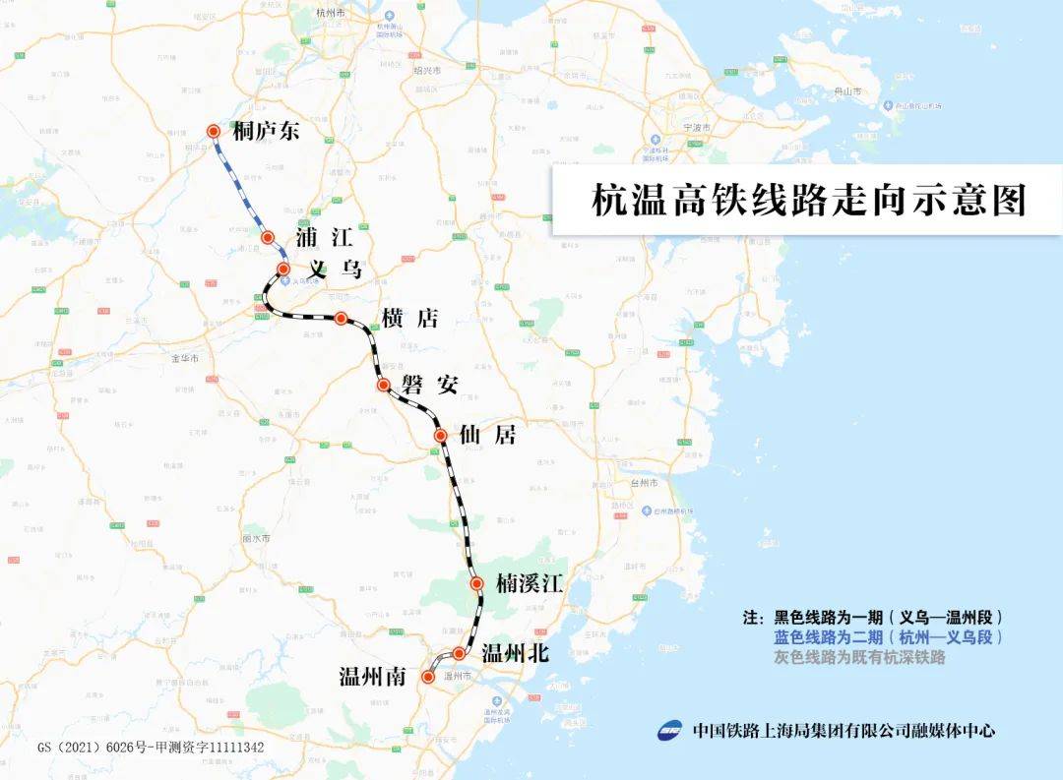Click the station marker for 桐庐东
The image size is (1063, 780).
214,131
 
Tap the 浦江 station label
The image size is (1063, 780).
324,237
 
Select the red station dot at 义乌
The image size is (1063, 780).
283,269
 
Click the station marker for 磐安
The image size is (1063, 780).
384,385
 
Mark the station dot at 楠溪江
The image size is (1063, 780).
477,583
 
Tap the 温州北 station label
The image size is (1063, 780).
515,653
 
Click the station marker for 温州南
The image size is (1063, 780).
428,677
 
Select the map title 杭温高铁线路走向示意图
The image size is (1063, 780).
808,200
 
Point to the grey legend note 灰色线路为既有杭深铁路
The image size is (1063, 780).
859,657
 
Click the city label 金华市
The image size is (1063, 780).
186,357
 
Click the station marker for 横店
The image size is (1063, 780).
341,318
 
